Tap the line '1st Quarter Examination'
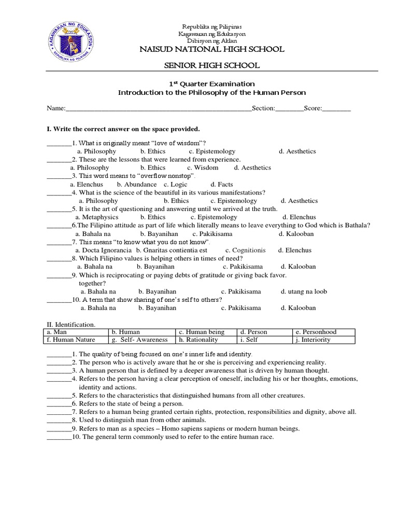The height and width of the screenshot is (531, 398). (212, 83)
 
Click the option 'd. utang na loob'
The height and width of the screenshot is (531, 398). (304, 291)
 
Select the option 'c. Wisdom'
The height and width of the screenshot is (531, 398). (203, 167)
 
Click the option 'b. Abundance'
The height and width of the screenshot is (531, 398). (137, 184)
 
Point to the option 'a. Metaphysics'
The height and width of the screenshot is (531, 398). (97, 217)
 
